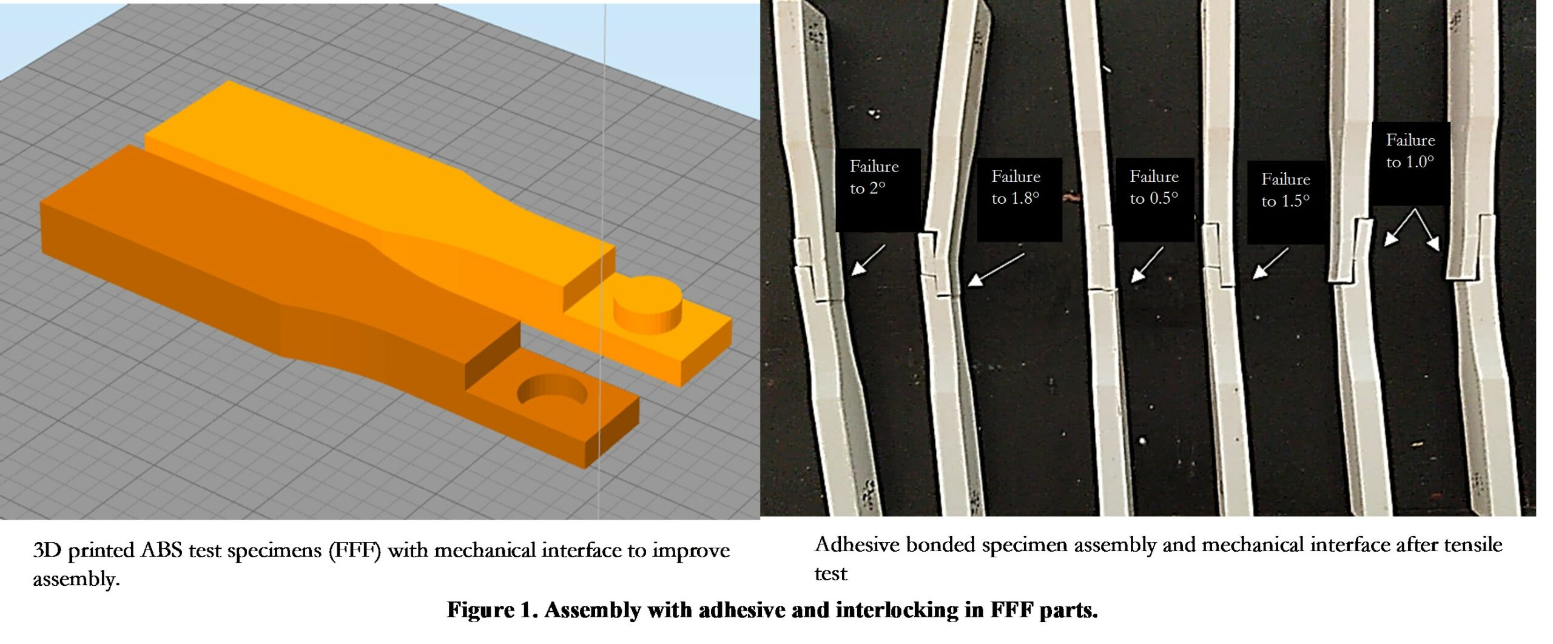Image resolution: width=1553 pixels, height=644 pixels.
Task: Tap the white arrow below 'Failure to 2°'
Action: [x=868, y=260]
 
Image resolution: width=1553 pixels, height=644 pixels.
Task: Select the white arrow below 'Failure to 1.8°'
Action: [x=995, y=269]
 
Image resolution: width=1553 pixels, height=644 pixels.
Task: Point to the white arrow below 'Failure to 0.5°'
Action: [x=1147, y=264]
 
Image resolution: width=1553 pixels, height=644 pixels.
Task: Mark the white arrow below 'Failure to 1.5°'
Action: [x=1270, y=264]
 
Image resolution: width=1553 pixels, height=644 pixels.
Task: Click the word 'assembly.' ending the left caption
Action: [x=76, y=580]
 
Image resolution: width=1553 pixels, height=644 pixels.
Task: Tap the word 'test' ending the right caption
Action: [x=830, y=574]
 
